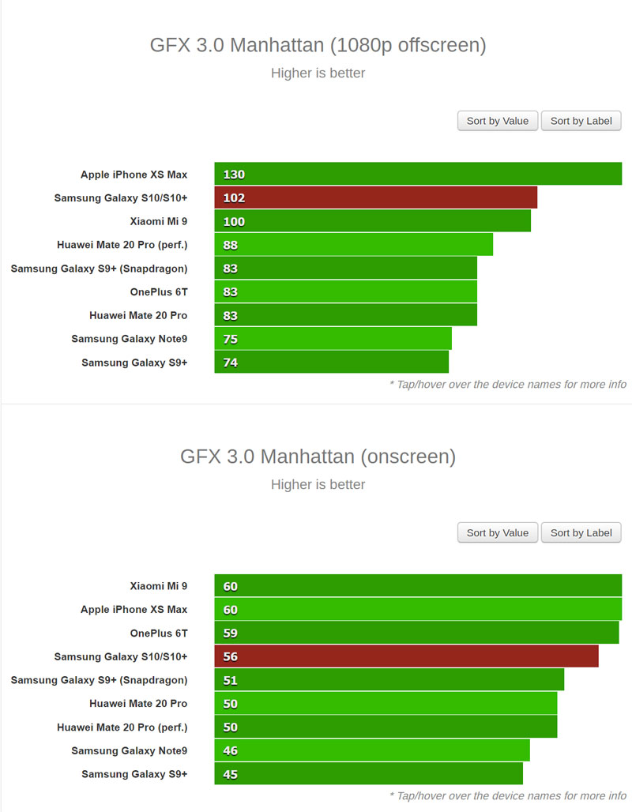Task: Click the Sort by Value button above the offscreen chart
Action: click(498, 121)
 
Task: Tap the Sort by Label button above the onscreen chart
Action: click(581, 532)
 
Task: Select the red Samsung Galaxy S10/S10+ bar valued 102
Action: click(375, 197)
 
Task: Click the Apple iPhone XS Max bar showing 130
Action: click(418, 174)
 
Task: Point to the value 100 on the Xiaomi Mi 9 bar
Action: click(234, 221)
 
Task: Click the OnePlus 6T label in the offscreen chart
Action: click(159, 292)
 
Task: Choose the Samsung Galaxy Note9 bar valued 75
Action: click(333, 339)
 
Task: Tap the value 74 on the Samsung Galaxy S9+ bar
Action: click(231, 363)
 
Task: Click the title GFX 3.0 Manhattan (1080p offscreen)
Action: click(318, 45)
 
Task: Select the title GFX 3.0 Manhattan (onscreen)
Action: click(318, 456)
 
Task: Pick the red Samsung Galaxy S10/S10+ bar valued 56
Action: click(406, 656)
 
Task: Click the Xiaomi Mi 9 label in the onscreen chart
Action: click(159, 586)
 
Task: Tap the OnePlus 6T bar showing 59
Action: click(416, 633)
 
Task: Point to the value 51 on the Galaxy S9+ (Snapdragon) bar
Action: click(231, 680)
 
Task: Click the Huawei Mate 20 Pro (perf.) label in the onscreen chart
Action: click(122, 727)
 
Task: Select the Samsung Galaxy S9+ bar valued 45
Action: click(368, 774)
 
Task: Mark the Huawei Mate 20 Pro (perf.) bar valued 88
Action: click(353, 245)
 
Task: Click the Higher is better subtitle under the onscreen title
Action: click(318, 484)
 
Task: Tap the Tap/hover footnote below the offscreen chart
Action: click(508, 385)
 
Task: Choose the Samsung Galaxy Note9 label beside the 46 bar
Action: click(130, 751)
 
